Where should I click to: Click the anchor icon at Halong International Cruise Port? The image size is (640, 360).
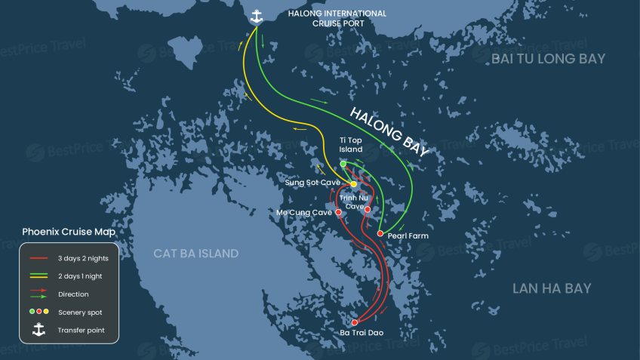click(257, 16)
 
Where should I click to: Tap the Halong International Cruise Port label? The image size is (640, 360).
click(337, 18)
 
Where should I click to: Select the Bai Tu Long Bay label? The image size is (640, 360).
click(548, 58)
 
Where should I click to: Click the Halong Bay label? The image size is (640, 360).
click(389, 131)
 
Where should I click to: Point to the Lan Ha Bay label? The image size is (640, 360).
click(552, 288)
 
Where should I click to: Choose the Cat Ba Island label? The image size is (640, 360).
click(196, 254)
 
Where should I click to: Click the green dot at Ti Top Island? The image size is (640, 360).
click(343, 164)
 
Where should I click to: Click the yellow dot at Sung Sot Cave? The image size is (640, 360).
click(353, 184)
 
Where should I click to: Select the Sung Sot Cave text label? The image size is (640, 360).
click(312, 183)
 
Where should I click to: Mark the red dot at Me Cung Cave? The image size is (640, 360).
click(338, 213)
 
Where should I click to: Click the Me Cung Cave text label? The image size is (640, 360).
click(303, 213)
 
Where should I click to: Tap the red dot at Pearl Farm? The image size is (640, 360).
click(380, 233)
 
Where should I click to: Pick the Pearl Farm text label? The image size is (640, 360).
click(409, 235)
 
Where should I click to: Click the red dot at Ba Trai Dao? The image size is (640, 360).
click(355, 323)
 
